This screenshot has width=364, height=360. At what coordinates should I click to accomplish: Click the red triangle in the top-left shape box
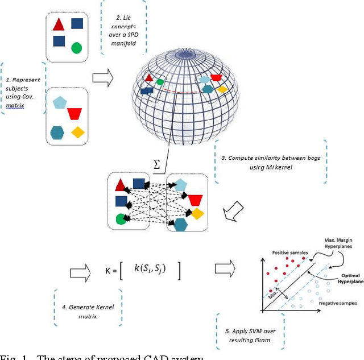click(58, 24)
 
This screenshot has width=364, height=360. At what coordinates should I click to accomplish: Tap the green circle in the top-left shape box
click(76, 48)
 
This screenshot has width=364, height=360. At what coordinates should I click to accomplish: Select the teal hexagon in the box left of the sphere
click(57, 133)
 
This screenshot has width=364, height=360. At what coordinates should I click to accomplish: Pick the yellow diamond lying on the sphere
click(222, 89)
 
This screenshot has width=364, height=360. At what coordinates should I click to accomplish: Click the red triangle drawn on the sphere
click(148, 78)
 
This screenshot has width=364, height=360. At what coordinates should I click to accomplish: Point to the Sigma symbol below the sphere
click(158, 164)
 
